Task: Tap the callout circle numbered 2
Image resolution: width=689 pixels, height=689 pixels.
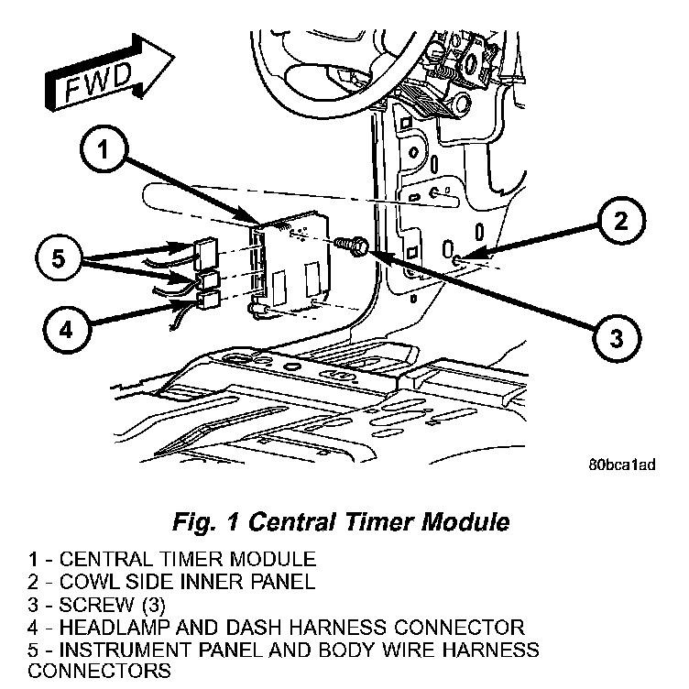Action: point(620,222)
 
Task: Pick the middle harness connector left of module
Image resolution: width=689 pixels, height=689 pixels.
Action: point(207,278)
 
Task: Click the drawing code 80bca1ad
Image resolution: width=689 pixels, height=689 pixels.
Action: point(622,464)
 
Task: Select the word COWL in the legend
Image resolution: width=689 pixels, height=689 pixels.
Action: point(85,582)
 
